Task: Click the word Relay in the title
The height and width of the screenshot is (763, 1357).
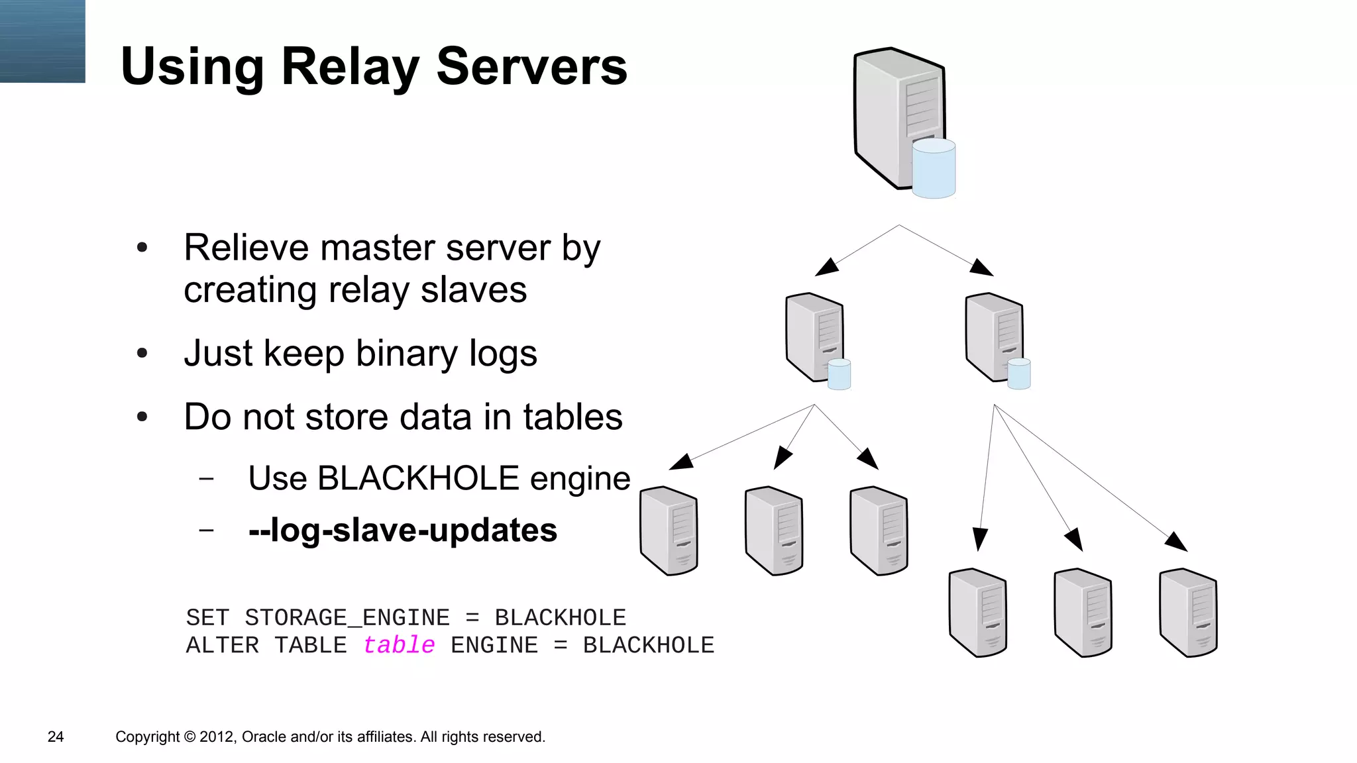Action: click(351, 67)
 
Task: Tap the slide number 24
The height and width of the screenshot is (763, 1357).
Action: click(56, 737)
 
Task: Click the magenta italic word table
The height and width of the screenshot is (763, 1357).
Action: click(399, 645)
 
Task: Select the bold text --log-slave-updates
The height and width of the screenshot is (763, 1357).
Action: click(403, 531)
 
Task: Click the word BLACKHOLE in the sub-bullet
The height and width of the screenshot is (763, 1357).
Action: click(418, 478)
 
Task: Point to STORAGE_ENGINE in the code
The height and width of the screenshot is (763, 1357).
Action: click(347, 617)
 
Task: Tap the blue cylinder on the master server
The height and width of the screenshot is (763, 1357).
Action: click(934, 169)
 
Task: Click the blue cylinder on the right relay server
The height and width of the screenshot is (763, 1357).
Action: click(1019, 374)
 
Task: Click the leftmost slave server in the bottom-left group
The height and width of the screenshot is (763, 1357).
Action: click(669, 531)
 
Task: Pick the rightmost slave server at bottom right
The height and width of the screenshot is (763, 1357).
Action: click(1188, 613)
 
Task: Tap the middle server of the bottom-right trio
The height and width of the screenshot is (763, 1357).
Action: click(1083, 613)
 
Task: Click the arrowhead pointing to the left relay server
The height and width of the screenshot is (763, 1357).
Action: click(826, 267)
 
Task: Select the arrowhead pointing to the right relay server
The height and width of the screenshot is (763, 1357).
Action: click(981, 267)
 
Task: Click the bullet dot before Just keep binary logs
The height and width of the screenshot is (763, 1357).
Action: click(142, 354)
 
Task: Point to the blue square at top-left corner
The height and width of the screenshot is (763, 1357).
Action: click(42, 41)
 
